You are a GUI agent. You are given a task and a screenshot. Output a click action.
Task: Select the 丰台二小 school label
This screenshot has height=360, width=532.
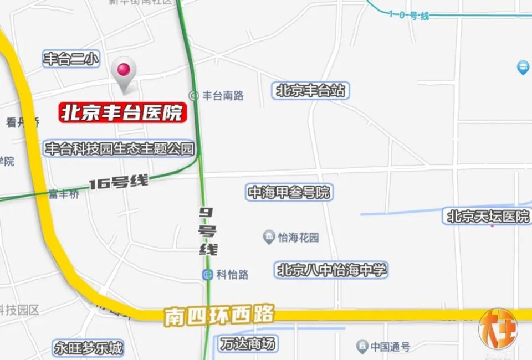[x=71, y=59]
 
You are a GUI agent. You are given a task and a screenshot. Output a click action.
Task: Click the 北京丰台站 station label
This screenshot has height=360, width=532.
[x=311, y=90]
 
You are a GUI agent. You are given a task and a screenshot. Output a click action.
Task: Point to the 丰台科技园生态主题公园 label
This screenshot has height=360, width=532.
[x=120, y=148]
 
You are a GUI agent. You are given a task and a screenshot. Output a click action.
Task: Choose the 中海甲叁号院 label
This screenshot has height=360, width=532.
[x=289, y=192]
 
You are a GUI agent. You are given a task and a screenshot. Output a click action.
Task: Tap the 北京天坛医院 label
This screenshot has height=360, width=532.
[x=488, y=216]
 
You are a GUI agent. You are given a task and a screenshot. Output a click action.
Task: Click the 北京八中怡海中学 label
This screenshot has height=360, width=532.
[x=332, y=270]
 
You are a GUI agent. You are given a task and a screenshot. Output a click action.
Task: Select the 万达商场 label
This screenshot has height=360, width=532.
[x=247, y=344]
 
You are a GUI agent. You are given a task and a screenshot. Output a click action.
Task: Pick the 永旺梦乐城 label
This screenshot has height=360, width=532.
[x=88, y=348]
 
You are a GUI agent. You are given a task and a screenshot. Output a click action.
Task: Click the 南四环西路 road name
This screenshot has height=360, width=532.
[x=219, y=316]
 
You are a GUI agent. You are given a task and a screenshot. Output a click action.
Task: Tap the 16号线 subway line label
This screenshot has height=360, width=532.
[x=119, y=182]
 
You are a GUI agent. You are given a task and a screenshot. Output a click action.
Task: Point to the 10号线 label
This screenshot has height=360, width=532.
[x=409, y=16]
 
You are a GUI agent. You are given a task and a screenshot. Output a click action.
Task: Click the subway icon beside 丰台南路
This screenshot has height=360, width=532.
[x=194, y=95]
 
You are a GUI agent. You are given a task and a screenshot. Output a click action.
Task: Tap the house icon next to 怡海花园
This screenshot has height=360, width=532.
[x=269, y=238]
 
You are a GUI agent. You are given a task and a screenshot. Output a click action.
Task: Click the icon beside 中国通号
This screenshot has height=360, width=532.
[x=362, y=347]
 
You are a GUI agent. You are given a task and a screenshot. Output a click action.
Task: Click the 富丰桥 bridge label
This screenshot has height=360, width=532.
[x=64, y=194]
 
